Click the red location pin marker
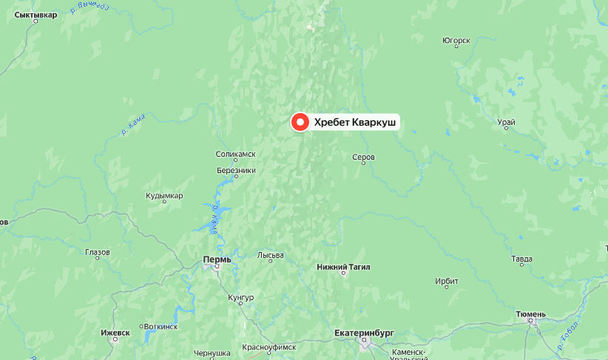click(x=300, y=123)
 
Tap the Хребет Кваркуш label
click(x=354, y=123)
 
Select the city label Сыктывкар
click(x=36, y=15)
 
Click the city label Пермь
click(x=217, y=259)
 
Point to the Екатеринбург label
click(x=364, y=333)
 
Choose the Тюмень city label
click(x=531, y=314)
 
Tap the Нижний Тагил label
click(x=343, y=266)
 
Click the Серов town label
click(x=364, y=157)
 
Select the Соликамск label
click(x=235, y=154)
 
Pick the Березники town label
click(x=236, y=170)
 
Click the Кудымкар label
click(x=164, y=196)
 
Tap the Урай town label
click(x=507, y=122)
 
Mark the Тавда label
click(x=521, y=259)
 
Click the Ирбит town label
click(x=447, y=282)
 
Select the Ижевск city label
click(x=115, y=333)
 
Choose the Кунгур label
click(x=241, y=297)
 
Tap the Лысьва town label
click(x=270, y=256)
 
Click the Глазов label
click(x=98, y=252)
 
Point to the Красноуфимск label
click(x=268, y=347)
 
